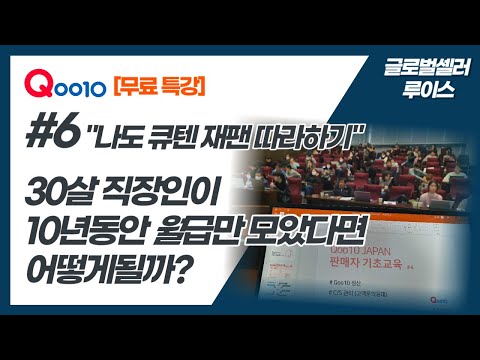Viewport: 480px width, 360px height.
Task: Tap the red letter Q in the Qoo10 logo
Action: coord(37,85)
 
